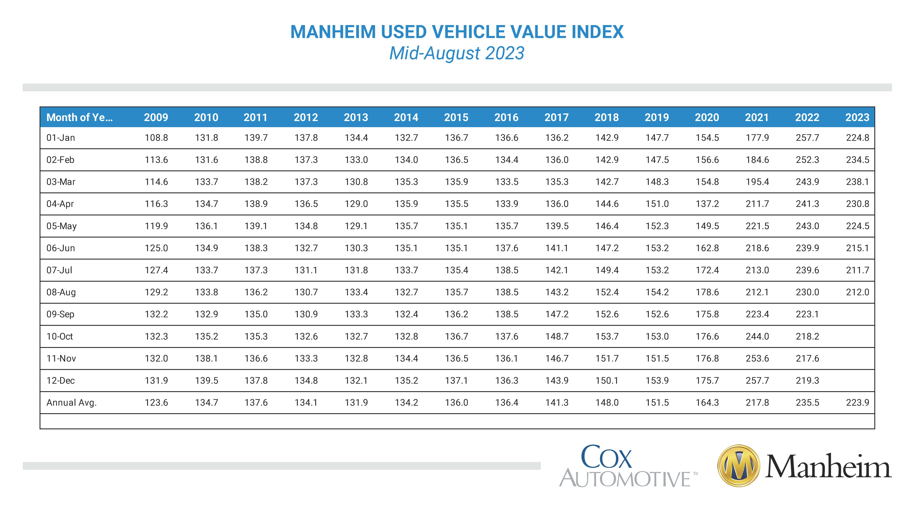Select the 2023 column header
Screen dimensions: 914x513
click(x=857, y=117)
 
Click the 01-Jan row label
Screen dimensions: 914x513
click(x=61, y=138)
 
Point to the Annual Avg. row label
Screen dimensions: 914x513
click(x=71, y=403)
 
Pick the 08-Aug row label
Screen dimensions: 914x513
click(x=61, y=292)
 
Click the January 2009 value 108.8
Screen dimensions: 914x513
click(x=156, y=138)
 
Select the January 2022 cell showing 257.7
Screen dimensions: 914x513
click(x=807, y=138)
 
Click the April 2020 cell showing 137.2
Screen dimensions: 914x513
click(x=707, y=204)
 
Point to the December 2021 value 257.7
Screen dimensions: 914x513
click(x=757, y=381)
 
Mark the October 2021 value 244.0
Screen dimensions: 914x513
click(x=757, y=336)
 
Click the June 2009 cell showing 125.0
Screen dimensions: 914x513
click(x=156, y=248)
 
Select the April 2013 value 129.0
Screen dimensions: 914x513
click(x=356, y=204)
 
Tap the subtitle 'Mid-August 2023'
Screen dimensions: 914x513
click(x=457, y=53)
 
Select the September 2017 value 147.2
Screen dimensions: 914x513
click(x=557, y=314)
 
